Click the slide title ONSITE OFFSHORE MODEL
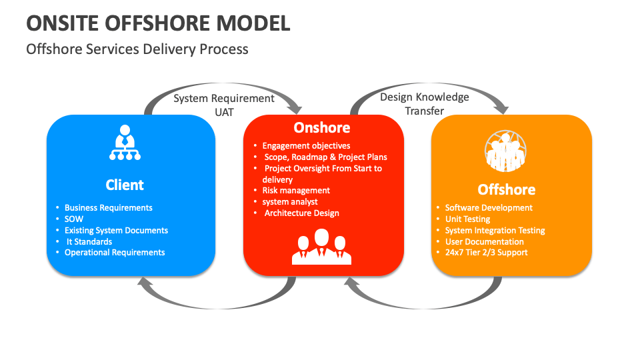158,23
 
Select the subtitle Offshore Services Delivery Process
137,49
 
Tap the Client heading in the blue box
125,185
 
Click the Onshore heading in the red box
322,127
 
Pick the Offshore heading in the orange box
507,189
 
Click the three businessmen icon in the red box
321,247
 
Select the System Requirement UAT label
224,105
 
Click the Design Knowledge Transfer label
425,104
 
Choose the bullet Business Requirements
109,208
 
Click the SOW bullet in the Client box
74,219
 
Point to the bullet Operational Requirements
115,253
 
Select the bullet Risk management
296,191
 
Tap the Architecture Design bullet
302,213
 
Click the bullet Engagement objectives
306,145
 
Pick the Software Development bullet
489,208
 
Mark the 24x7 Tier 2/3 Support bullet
486,253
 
